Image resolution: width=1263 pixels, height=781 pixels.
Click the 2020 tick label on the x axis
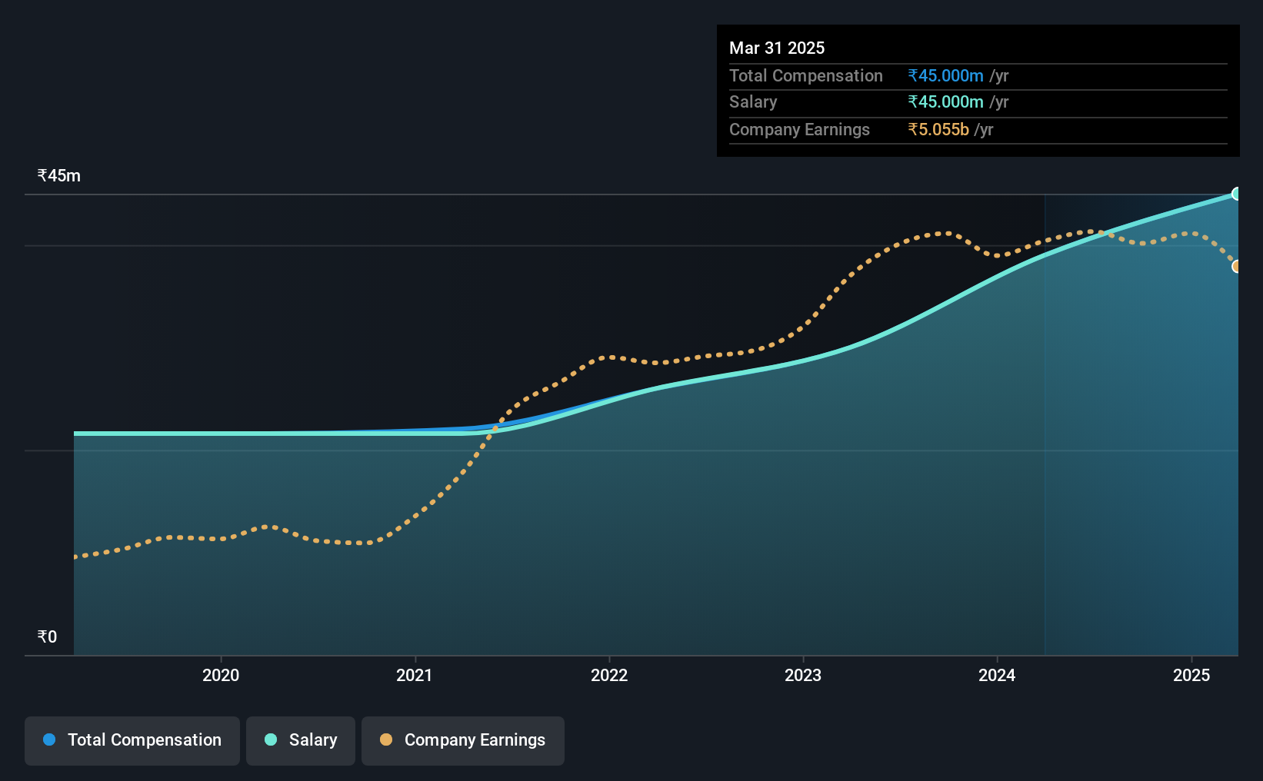pos(221,675)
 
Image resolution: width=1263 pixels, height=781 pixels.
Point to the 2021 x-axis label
pos(415,675)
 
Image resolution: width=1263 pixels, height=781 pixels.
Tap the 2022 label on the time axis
pos(609,675)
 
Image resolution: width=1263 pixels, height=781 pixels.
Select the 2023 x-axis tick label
pos(803,675)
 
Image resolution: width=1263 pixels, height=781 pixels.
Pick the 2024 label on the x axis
pos(997,675)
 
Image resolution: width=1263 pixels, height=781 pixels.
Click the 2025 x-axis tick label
pos(1191,675)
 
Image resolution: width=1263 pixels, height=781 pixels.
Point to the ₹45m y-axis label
pos(58,176)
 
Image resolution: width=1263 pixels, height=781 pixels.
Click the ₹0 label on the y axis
pos(48,636)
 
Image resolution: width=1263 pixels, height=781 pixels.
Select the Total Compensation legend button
pos(132,740)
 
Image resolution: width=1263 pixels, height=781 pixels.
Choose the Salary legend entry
pos(301,740)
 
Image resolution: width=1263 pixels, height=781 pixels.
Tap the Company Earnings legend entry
pos(463,740)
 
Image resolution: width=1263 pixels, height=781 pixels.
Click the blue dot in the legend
pos(50,739)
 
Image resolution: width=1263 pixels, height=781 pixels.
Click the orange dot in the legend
pos(386,739)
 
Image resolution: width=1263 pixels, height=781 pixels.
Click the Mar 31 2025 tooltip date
pos(776,48)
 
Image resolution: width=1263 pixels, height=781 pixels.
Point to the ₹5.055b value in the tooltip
pos(938,130)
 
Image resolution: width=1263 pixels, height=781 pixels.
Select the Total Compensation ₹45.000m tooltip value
pos(945,75)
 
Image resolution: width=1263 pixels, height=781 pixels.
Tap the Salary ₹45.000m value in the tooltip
pos(945,102)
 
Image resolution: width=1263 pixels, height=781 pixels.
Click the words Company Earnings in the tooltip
pos(799,130)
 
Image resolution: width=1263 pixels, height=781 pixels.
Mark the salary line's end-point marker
pos(1235,194)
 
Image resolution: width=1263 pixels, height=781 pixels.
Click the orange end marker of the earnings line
pos(1235,266)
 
